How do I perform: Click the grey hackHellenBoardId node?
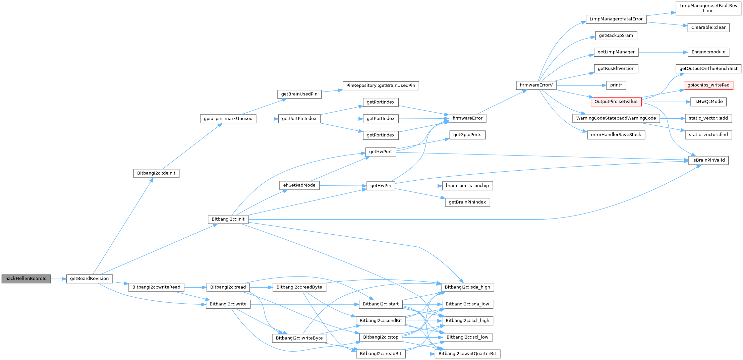tap(26, 279)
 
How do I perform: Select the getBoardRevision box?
tap(89, 279)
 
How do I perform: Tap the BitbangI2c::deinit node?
tap(156, 173)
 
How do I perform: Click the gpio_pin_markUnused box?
tap(228, 119)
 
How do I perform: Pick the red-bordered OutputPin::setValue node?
tap(616, 102)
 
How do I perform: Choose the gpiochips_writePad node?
tap(708, 85)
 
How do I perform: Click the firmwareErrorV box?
tap(536, 85)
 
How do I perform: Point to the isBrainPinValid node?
tap(708, 160)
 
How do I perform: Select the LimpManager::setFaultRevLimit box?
tap(708, 8)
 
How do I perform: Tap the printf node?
tap(616, 85)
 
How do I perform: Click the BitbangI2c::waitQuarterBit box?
tap(467, 354)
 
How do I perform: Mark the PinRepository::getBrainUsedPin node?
tap(381, 85)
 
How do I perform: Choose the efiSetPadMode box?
tap(299, 185)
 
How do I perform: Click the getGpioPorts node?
tap(467, 135)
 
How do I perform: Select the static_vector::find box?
tap(708, 135)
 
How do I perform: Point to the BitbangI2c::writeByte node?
tap(299, 338)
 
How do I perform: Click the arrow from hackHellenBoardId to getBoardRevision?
tap(59, 279)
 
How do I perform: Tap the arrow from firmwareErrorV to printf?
tap(581, 85)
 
